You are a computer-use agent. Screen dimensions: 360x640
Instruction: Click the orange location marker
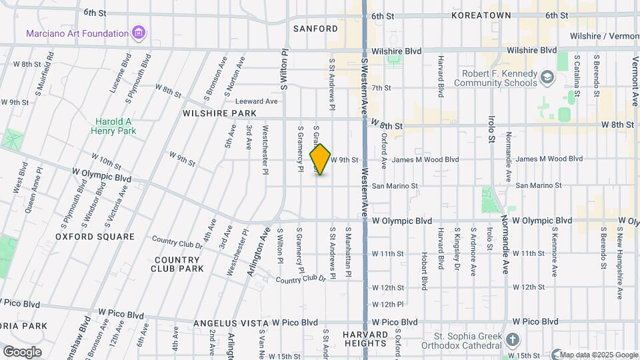(321, 159)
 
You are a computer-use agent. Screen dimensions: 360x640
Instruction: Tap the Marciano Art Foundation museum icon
(139, 33)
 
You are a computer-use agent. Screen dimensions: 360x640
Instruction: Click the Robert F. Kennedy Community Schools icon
(547, 78)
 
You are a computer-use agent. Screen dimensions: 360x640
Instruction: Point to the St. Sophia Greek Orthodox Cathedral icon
(512, 340)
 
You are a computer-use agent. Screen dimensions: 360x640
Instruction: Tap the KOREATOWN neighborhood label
(481, 15)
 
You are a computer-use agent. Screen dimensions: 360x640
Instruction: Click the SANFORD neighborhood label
(315, 29)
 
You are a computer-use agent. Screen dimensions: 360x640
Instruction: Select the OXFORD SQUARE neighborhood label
(95, 237)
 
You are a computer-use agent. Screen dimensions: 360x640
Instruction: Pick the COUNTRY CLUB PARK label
(178, 264)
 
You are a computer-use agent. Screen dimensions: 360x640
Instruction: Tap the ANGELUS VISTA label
(231, 323)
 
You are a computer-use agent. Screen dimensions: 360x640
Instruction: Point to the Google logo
(22, 351)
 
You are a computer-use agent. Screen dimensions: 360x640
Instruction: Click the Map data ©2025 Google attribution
(598, 355)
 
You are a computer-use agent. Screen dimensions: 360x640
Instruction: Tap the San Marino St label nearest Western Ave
(395, 186)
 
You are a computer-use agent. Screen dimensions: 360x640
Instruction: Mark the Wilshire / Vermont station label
(604, 36)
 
